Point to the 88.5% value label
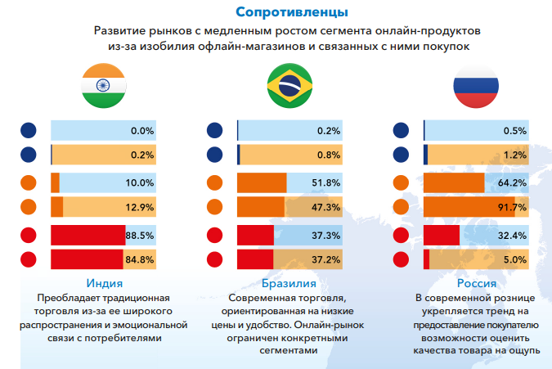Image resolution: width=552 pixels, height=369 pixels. [x=140, y=236]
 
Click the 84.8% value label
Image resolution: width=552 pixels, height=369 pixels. [x=140, y=260]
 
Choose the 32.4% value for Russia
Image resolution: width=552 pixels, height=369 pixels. [x=513, y=236]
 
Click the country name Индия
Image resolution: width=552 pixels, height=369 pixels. [x=103, y=283]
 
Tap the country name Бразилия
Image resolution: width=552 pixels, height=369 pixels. [x=289, y=283]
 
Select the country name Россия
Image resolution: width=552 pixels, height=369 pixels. [x=476, y=283]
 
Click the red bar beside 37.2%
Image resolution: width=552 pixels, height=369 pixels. [x=255, y=260]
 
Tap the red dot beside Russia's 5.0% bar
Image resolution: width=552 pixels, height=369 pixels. [x=402, y=260]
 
